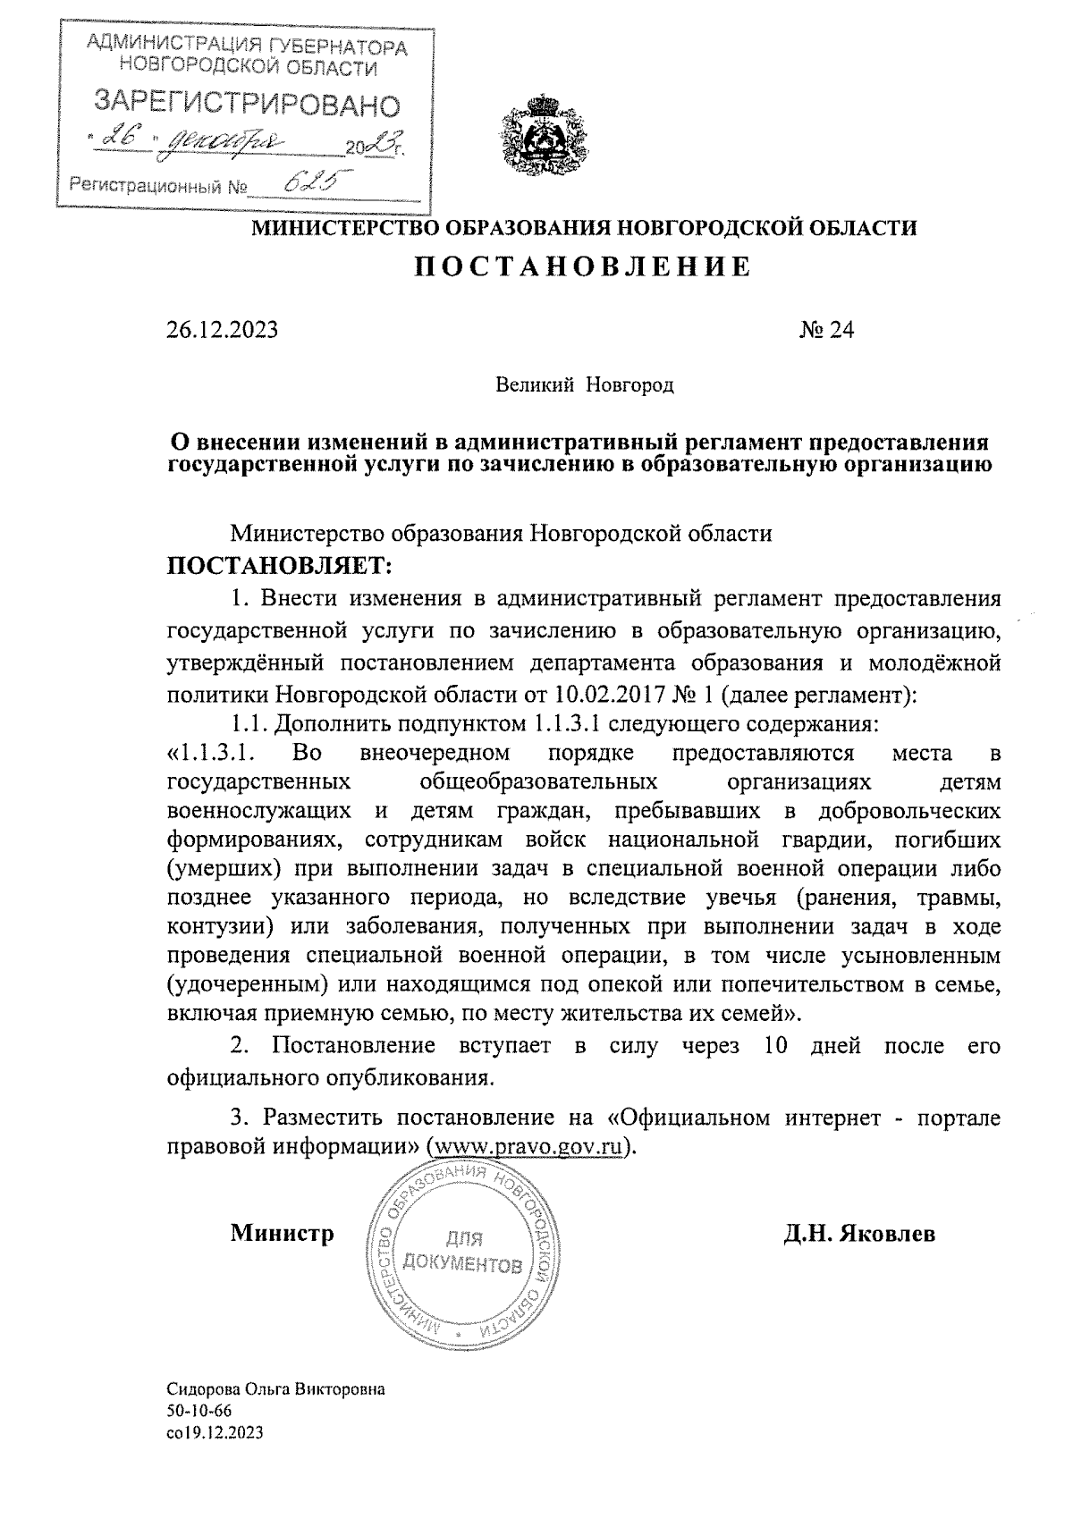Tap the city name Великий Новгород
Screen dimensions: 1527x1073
coord(585,385)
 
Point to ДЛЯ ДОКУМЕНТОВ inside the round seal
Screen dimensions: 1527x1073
coord(461,1252)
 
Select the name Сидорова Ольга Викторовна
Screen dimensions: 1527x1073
coord(276,1415)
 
